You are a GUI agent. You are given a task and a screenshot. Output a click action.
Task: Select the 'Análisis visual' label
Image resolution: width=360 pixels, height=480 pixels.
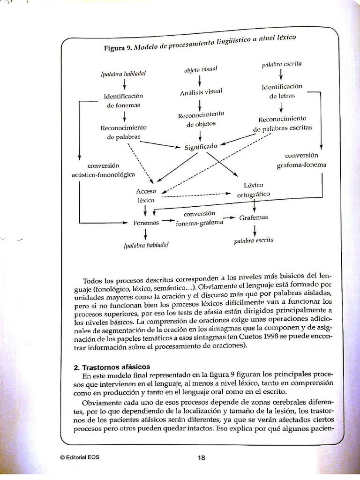click(x=200, y=91)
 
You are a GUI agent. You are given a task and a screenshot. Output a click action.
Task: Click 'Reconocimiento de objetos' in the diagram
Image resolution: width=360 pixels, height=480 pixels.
click(x=201, y=120)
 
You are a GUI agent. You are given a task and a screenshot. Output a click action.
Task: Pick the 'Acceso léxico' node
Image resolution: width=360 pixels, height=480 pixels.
click(x=145, y=195)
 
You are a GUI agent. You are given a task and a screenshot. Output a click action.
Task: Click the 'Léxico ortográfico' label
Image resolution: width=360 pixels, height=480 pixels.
click(x=254, y=190)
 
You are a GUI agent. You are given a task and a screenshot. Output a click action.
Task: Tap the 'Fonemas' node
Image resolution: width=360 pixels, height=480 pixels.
click(x=146, y=223)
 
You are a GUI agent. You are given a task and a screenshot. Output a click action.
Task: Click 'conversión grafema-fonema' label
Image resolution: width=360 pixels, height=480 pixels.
click(x=301, y=160)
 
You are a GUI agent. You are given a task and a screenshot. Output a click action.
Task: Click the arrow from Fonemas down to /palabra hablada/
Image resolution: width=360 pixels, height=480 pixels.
click(x=146, y=233)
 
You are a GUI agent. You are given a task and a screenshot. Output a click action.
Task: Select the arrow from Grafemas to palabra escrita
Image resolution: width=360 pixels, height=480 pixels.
click(x=255, y=230)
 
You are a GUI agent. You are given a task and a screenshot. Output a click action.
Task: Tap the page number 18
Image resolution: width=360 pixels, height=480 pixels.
click(x=202, y=458)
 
